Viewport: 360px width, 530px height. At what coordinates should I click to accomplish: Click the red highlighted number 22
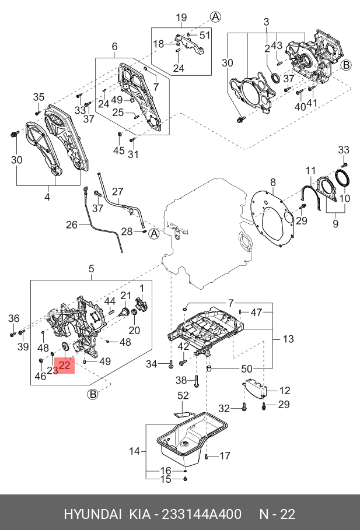(x=64, y=365)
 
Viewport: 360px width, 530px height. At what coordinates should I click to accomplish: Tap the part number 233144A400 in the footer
(x=202, y=514)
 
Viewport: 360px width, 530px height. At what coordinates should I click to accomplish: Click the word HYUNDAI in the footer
(x=93, y=514)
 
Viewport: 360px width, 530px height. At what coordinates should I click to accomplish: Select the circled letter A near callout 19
(x=215, y=16)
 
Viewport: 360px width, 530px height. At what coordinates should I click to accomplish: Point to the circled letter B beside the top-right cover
(x=346, y=65)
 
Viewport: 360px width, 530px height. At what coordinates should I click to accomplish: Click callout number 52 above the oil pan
(x=183, y=395)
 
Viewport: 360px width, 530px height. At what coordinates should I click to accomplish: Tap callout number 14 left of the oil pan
(x=134, y=451)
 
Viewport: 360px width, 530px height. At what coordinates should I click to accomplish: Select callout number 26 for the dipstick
(x=72, y=224)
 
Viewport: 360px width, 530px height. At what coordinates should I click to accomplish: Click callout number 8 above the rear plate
(x=272, y=182)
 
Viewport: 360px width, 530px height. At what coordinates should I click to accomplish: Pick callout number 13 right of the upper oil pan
(x=288, y=339)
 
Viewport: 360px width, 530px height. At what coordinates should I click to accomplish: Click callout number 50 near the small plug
(x=247, y=368)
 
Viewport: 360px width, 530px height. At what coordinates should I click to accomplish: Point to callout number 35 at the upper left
(x=39, y=97)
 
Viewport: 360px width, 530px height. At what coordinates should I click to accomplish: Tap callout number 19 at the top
(x=181, y=17)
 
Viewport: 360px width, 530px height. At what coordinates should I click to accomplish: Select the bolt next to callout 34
(x=170, y=364)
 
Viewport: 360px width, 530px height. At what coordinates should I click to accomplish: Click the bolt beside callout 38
(x=197, y=381)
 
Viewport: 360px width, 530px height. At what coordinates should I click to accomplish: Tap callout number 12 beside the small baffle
(x=285, y=391)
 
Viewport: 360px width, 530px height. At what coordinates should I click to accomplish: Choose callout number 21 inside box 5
(x=125, y=296)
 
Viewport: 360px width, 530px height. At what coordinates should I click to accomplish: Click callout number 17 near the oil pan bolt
(x=225, y=456)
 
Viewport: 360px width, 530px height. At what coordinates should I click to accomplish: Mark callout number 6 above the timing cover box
(x=114, y=47)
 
